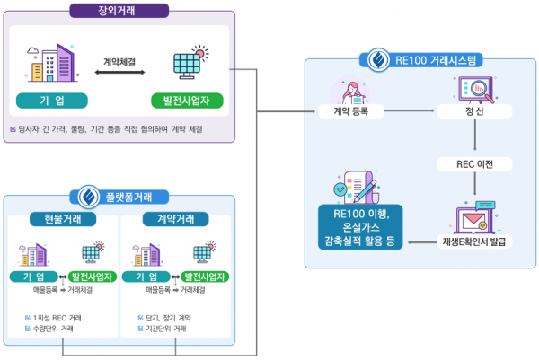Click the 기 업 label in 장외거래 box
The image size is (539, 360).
coord(51,100)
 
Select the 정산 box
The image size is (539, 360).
coord(474,112)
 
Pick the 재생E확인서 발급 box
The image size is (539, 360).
coord(474,241)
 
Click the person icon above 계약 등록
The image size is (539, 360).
coord(349,88)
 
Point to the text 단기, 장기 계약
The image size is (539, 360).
coord(167,318)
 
